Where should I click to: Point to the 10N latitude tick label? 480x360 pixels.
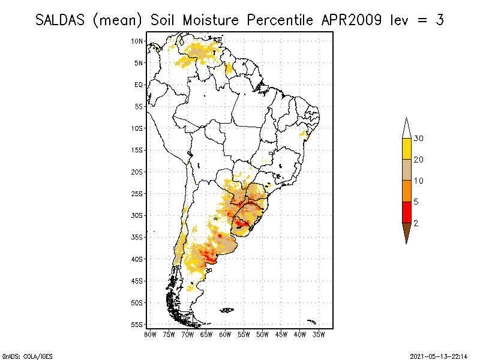coord(137,41)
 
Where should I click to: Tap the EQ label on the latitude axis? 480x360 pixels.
coord(138,85)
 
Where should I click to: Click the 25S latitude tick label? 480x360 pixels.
coord(137,194)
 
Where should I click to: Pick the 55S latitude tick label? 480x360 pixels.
coord(137,325)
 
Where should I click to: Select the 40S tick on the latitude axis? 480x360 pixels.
coord(137,259)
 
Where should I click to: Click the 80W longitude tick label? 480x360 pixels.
coord(150,334)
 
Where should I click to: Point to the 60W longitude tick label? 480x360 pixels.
coord(225,334)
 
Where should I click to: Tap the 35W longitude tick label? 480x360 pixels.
coord(319,334)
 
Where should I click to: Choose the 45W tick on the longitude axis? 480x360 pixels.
coord(281,334)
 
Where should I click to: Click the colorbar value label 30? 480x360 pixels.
coord(419,139)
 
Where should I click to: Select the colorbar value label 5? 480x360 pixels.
coord(416,202)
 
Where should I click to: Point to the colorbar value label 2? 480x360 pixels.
coord(416,223)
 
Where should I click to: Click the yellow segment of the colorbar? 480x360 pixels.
coord(406,149)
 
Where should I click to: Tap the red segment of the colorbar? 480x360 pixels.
coord(406,212)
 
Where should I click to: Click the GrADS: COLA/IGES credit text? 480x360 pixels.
coord(23,356)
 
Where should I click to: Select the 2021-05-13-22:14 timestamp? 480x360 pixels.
coord(439,356)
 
